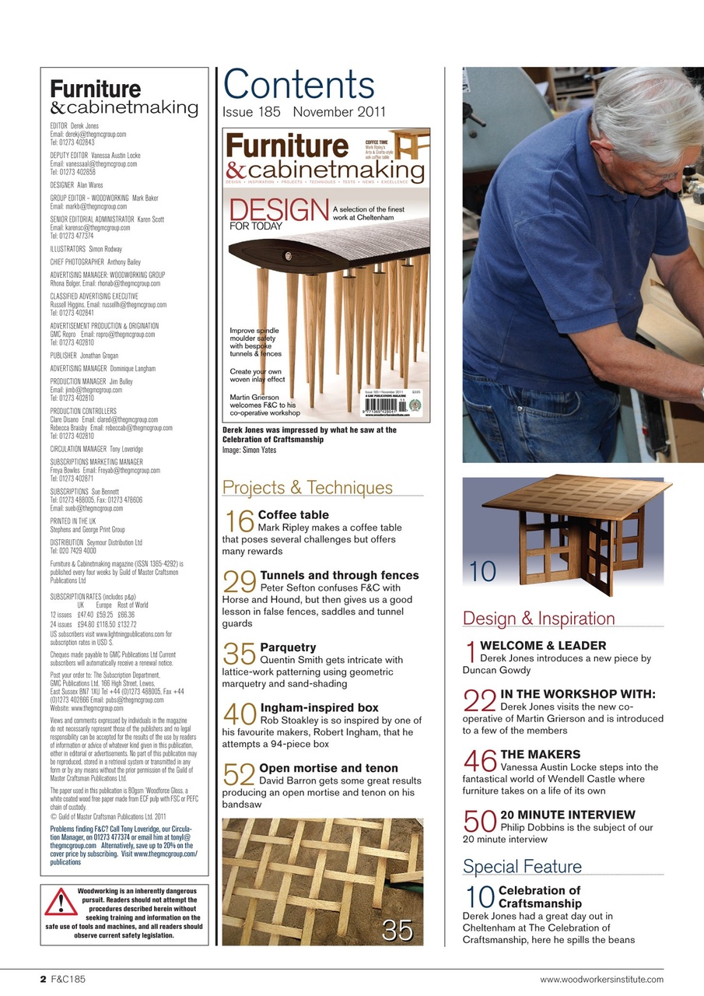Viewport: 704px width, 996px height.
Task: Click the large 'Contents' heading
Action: [x=299, y=85]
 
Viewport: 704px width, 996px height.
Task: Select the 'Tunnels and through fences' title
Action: [x=339, y=576]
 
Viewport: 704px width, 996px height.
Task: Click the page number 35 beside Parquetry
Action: [x=239, y=654]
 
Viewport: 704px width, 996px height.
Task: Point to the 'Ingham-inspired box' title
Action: [x=319, y=707]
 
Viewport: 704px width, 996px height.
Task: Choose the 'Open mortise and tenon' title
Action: [x=328, y=768]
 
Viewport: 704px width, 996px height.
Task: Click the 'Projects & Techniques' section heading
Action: [x=307, y=488]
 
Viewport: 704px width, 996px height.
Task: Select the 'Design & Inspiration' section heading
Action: [x=538, y=619]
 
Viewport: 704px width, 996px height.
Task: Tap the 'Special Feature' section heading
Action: [x=522, y=866]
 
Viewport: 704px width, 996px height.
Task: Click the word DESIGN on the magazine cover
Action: [x=277, y=211]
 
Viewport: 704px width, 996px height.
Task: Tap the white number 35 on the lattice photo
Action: [x=397, y=930]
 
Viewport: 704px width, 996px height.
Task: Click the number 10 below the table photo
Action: [x=483, y=572]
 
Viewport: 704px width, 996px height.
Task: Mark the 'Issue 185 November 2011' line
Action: [x=303, y=112]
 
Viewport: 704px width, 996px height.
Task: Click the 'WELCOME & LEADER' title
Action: [x=542, y=645]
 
